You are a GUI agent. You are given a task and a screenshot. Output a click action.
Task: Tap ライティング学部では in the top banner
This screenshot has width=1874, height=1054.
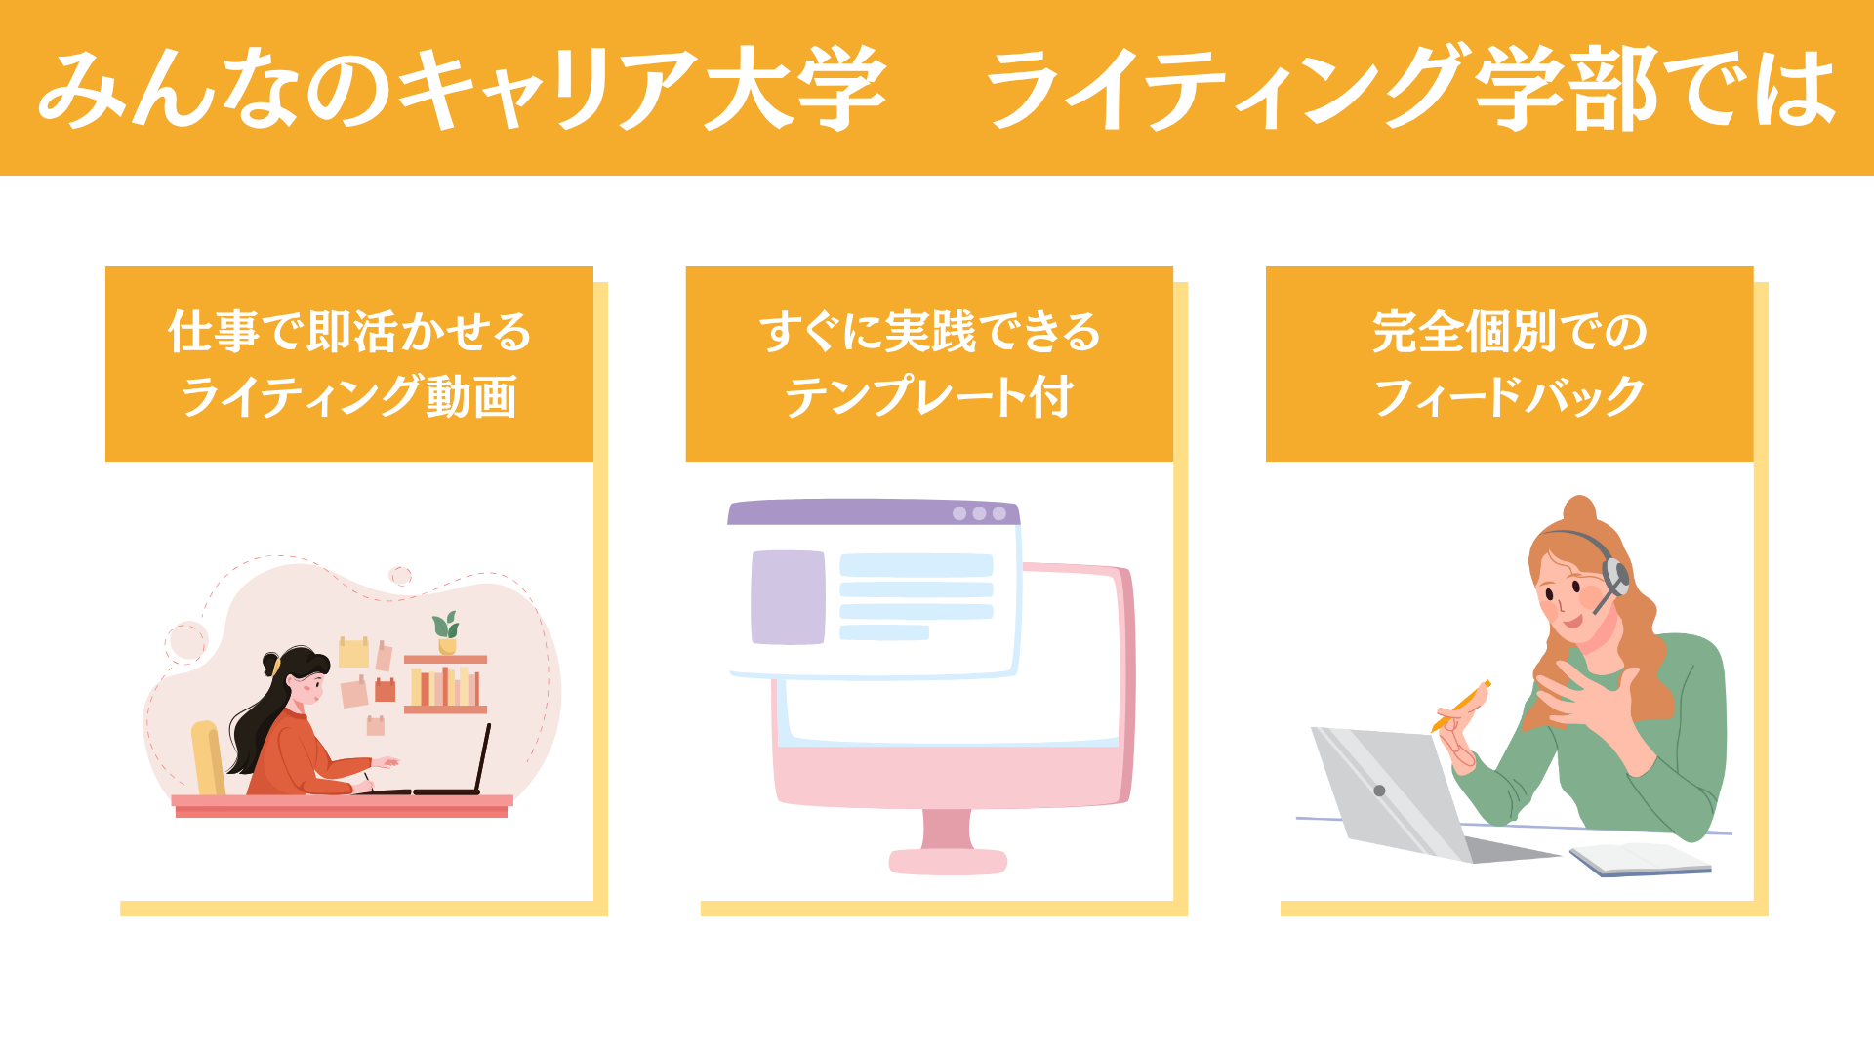pyautogui.click(x=1412, y=89)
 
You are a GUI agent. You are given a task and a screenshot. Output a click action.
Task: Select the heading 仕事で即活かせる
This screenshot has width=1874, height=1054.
pyautogui.click(x=349, y=332)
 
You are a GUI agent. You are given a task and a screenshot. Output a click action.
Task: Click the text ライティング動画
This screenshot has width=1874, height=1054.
pyautogui.click(x=349, y=396)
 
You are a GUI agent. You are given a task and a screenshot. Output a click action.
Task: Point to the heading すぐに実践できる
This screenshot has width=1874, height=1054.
pyautogui.click(x=929, y=332)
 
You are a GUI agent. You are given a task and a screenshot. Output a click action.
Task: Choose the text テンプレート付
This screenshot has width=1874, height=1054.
pyautogui.click(x=929, y=396)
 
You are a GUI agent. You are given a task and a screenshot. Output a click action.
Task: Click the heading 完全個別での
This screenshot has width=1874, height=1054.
pyautogui.click(x=1509, y=332)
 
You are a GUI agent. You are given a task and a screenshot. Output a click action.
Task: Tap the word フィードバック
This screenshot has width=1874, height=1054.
pyautogui.click(x=1509, y=396)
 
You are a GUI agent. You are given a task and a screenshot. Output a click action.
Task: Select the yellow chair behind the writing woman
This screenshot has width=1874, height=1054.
pyautogui.click(x=208, y=759)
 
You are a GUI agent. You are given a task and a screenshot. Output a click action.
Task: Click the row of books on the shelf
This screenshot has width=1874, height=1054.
pyautogui.click(x=445, y=686)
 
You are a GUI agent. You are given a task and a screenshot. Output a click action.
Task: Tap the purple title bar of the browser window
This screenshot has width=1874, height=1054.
pyautogui.click(x=874, y=512)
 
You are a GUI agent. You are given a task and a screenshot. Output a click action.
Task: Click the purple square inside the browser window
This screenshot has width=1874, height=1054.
pyautogui.click(x=788, y=597)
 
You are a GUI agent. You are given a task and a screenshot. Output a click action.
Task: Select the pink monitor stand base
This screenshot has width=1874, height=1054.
pyautogui.click(x=948, y=862)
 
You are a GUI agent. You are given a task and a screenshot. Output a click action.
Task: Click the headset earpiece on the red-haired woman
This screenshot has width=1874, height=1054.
pyautogui.click(x=1614, y=576)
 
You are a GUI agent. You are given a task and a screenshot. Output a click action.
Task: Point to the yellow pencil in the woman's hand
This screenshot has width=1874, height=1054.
pyautogui.click(x=1461, y=706)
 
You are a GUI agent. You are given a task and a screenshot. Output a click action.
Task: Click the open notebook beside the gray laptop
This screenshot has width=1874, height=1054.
pyautogui.click(x=1640, y=859)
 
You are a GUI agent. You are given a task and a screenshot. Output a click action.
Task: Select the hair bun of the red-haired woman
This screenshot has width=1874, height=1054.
pyautogui.click(x=1579, y=510)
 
